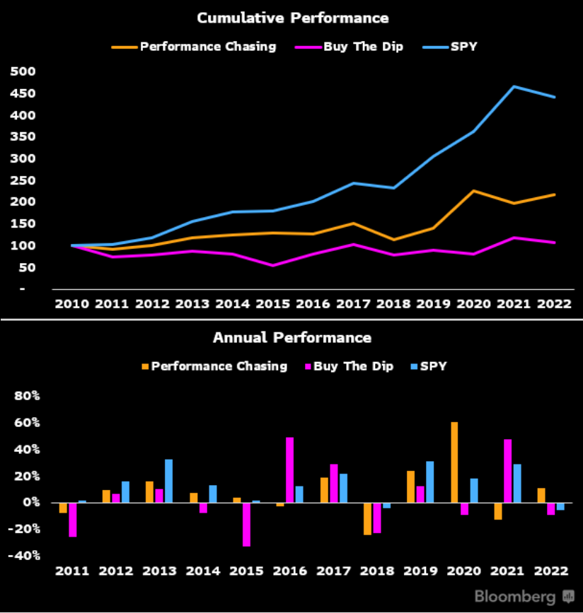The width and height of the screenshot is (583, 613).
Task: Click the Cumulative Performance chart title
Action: pyautogui.click(x=292, y=18)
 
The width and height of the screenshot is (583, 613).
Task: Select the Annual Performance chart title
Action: pyautogui.click(x=291, y=337)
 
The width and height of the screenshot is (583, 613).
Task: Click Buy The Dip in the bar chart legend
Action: pyautogui.click(x=347, y=366)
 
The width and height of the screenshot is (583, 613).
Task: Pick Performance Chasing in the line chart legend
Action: pyautogui.click(x=207, y=47)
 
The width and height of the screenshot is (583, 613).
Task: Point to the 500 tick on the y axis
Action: pyautogui.click(x=24, y=71)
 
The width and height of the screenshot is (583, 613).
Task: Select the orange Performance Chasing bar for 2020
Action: pyautogui.click(x=454, y=462)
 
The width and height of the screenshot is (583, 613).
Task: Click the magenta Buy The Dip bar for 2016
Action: pyautogui.click(x=289, y=470)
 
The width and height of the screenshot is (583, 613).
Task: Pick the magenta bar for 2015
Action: pyautogui.click(x=246, y=524)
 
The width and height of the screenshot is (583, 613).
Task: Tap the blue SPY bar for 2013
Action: pyautogui.click(x=168, y=481)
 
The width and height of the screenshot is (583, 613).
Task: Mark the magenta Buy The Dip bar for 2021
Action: pyautogui.click(x=507, y=471)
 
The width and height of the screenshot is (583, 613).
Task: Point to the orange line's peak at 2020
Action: pyautogui.click(x=473, y=191)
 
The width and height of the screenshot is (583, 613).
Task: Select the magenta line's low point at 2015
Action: pyautogui.click(x=273, y=265)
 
